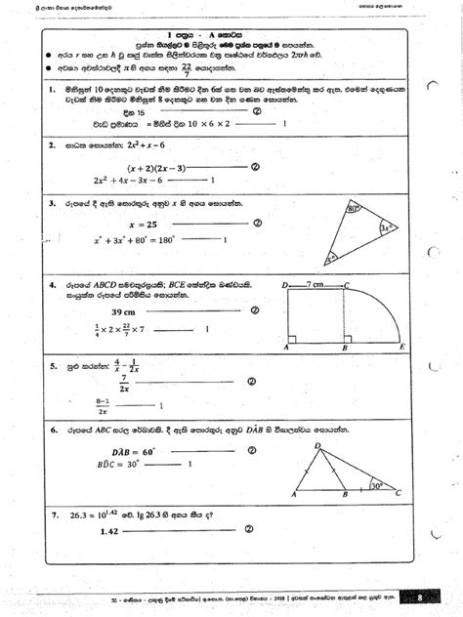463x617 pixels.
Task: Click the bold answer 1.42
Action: click(x=116, y=558)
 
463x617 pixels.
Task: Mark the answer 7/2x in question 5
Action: click(x=125, y=386)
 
